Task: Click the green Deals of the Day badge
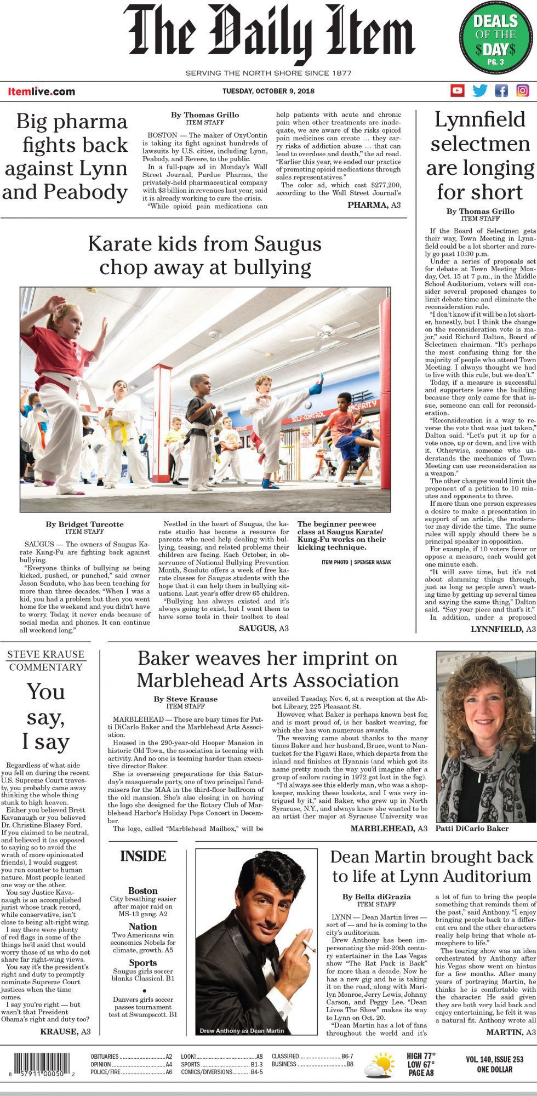[495, 38]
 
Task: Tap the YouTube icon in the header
[457, 90]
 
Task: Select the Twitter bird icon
[479, 90]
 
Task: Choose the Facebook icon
[501, 90]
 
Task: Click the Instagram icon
[523, 90]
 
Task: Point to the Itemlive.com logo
[41, 92]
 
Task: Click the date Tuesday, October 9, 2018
[268, 91]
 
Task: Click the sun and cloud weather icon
[379, 1065]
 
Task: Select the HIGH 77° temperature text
[421, 1056]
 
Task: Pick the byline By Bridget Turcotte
[84, 524]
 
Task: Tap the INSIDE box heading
[143, 856]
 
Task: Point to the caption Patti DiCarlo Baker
[472, 828]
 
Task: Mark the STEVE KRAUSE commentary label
[45, 654]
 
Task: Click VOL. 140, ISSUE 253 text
[495, 1059]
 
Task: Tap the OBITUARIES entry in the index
[105, 1056]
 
